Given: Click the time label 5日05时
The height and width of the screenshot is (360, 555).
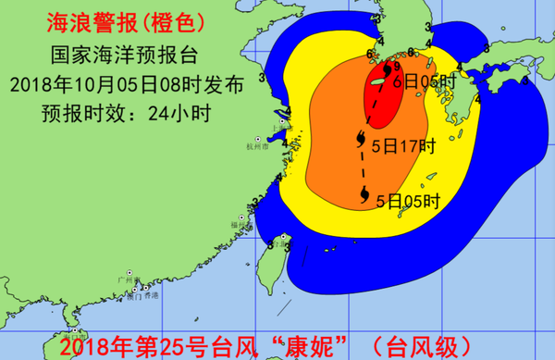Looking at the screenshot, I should (x=407, y=200).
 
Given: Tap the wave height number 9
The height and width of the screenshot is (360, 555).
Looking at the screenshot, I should (x=395, y=67).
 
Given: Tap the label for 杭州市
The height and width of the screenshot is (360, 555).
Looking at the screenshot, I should (x=253, y=146).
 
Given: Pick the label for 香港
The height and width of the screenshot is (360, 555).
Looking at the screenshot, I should (x=149, y=295).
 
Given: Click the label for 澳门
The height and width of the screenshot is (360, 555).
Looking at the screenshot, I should (x=134, y=296).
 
